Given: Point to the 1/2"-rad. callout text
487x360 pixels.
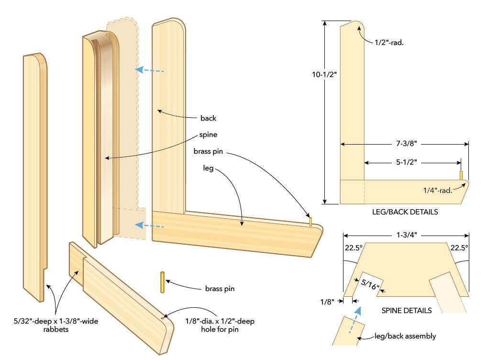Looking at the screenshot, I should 393,42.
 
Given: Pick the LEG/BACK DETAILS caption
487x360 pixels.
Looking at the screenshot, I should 405,211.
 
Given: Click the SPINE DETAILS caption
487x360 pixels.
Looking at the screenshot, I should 407,310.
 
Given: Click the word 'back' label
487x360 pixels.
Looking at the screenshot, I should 209,118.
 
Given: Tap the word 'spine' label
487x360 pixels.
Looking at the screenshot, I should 209,135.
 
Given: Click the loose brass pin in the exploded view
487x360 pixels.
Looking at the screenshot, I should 163,282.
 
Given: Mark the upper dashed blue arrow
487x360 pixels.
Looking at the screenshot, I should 149,70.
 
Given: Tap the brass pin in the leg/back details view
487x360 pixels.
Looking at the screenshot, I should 461,175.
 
